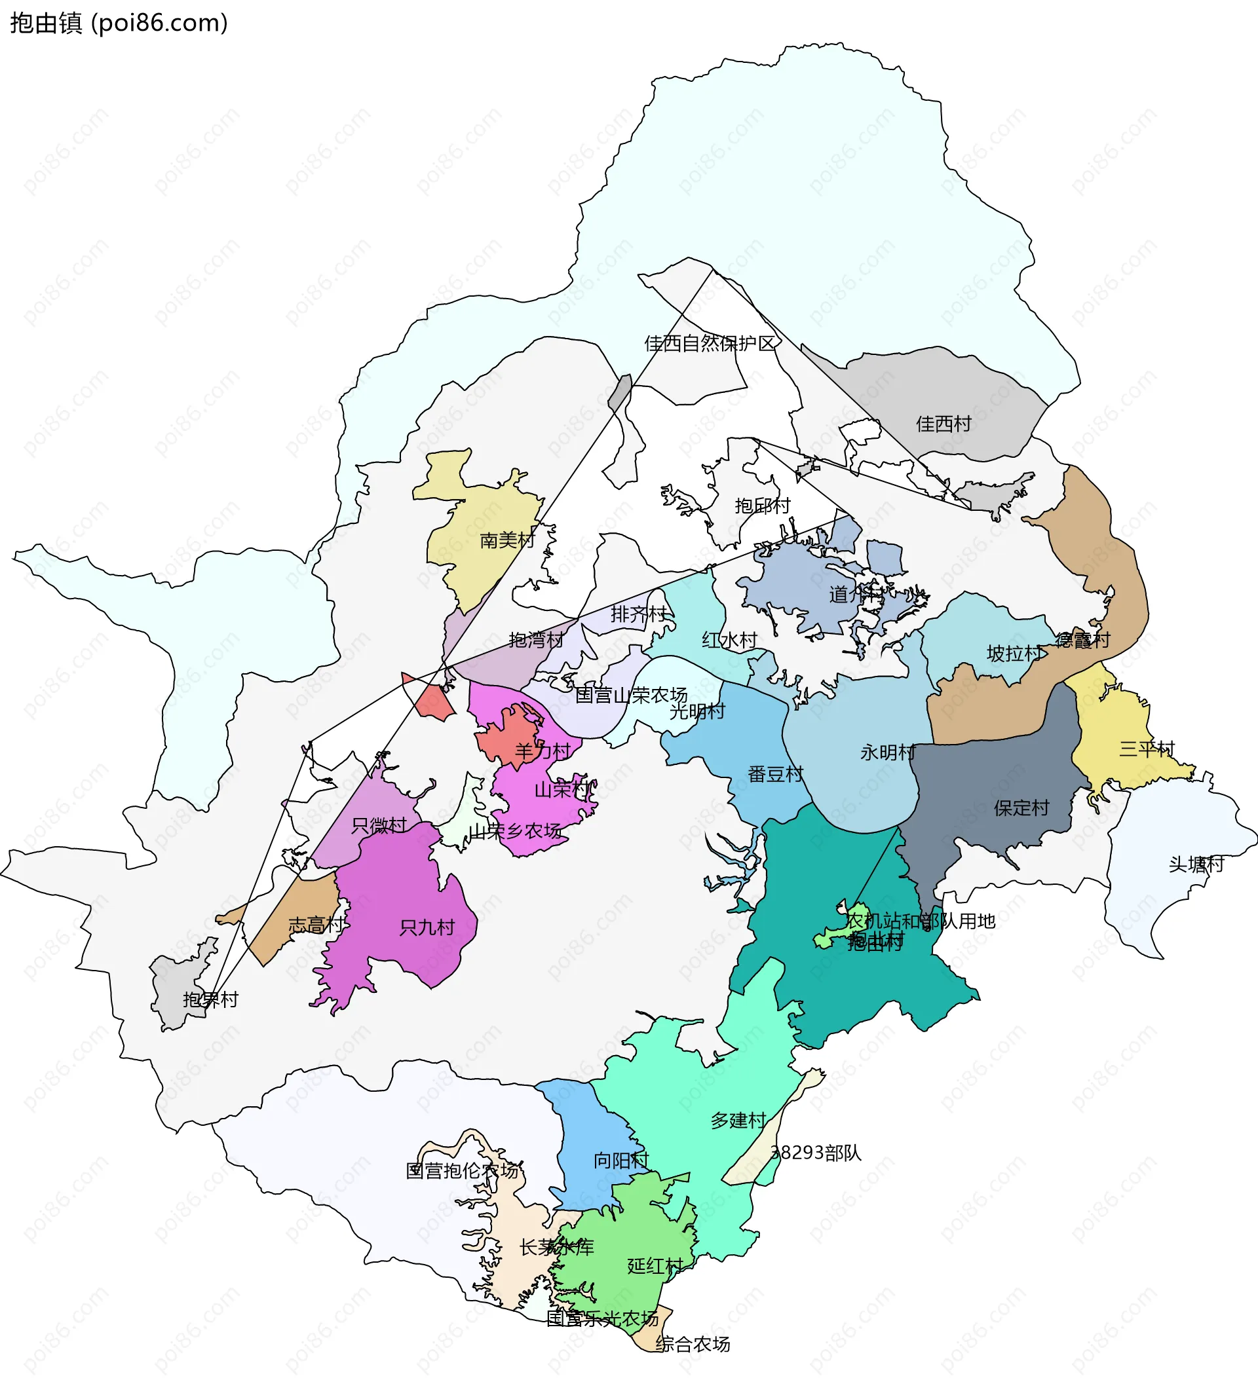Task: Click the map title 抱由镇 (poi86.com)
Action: click(118, 23)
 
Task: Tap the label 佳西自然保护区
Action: click(710, 343)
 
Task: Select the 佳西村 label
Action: click(943, 424)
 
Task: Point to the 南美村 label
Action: click(507, 540)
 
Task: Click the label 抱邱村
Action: click(763, 506)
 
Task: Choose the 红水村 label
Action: click(729, 640)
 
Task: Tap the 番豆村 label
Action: click(776, 774)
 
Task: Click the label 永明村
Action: click(888, 752)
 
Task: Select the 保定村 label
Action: click(1021, 808)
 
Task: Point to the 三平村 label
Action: click(1147, 749)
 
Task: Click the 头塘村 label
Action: click(1196, 865)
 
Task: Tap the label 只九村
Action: click(427, 927)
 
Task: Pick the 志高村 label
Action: click(316, 925)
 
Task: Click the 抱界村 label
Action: click(210, 1000)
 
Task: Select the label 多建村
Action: click(738, 1121)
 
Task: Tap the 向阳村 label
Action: click(621, 1161)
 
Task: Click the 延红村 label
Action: click(655, 1266)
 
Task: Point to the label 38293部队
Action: click(816, 1153)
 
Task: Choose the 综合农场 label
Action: click(693, 1344)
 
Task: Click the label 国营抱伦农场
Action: click(462, 1170)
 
